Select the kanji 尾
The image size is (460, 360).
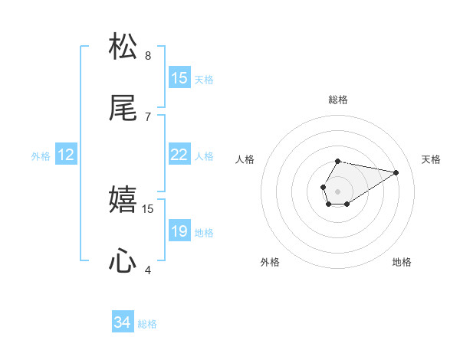pyautogui.click(x=123, y=109)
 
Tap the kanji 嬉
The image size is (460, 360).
pyautogui.click(x=123, y=200)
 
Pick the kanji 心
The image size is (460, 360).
pyautogui.click(x=123, y=262)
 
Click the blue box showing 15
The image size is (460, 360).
pyautogui.click(x=179, y=78)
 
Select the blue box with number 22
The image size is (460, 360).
pyautogui.click(x=179, y=155)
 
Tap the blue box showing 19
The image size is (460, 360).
pyautogui.click(x=179, y=231)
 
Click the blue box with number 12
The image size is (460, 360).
pyautogui.click(x=66, y=155)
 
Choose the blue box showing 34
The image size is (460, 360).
pyautogui.click(x=123, y=322)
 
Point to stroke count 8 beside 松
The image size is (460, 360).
pyautogui.click(x=148, y=55)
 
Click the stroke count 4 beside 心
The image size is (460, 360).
pyautogui.click(x=148, y=270)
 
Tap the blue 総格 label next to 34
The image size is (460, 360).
pyautogui.click(x=147, y=324)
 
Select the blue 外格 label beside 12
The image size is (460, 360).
pyautogui.click(x=41, y=156)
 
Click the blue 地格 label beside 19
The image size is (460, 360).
pyautogui.click(x=204, y=233)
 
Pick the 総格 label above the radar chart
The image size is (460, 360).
pyautogui.click(x=338, y=100)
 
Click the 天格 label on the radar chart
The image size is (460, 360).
pyautogui.click(x=431, y=159)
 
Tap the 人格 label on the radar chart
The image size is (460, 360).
pyautogui.click(x=245, y=159)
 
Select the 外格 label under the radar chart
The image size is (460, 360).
pyautogui.click(x=270, y=262)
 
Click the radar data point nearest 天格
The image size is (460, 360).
pyautogui.click(x=396, y=172)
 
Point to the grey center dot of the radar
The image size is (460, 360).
pyautogui.click(x=337, y=190)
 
